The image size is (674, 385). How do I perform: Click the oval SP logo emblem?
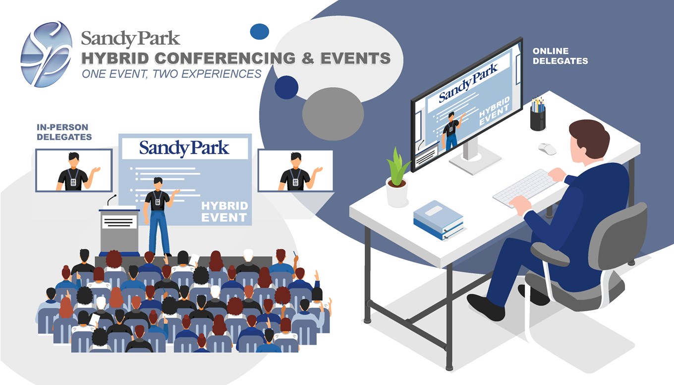[x=47, y=54]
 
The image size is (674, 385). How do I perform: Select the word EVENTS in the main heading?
[x=355, y=58]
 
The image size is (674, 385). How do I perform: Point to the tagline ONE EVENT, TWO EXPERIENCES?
[x=171, y=74]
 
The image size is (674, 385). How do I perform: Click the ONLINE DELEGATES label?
[x=560, y=56]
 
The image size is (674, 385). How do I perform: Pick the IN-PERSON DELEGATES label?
[x=64, y=132]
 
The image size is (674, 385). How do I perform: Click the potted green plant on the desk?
[x=397, y=177]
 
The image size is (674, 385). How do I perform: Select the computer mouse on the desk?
[x=547, y=149]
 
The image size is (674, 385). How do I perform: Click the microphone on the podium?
[x=112, y=199]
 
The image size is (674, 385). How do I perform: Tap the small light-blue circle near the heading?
[x=259, y=32]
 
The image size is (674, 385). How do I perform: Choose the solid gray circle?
[x=333, y=114]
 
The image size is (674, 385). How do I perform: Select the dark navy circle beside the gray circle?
[x=286, y=87]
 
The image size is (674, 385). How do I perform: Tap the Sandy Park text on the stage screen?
[x=184, y=148]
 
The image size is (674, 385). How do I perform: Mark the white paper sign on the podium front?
[x=119, y=222]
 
